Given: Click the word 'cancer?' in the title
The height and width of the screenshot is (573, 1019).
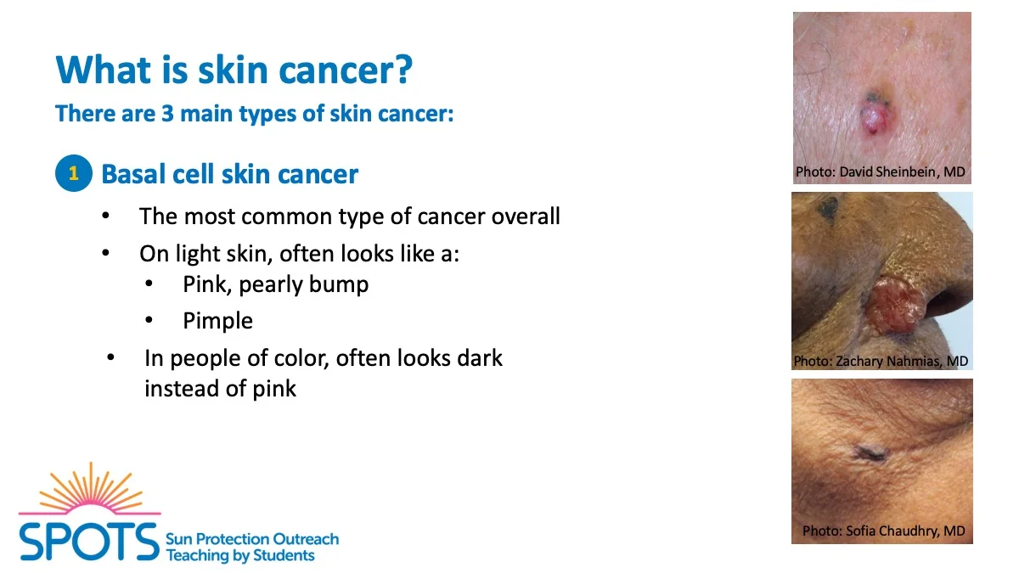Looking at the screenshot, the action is point(346,70).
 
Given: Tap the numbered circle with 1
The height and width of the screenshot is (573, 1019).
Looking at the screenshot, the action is point(74,173).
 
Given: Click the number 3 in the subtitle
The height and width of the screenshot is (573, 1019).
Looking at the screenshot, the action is point(167,113).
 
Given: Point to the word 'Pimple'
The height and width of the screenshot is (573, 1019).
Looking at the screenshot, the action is point(217,321).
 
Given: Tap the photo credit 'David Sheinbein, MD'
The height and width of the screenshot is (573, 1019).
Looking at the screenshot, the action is point(902,171).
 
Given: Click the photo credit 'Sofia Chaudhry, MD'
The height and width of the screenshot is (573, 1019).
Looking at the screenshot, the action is point(905,531).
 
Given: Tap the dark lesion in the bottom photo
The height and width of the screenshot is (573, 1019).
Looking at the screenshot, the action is point(870,453).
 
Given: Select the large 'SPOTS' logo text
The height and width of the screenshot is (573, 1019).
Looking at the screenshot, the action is point(88,542).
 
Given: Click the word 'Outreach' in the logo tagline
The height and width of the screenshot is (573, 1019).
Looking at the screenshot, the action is point(305,539).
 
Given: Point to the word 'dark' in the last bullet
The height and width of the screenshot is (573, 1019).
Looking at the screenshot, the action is point(480,358).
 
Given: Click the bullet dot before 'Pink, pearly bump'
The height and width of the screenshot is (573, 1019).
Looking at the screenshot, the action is point(149,284).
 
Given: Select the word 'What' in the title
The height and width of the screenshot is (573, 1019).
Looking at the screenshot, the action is point(98,70).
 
